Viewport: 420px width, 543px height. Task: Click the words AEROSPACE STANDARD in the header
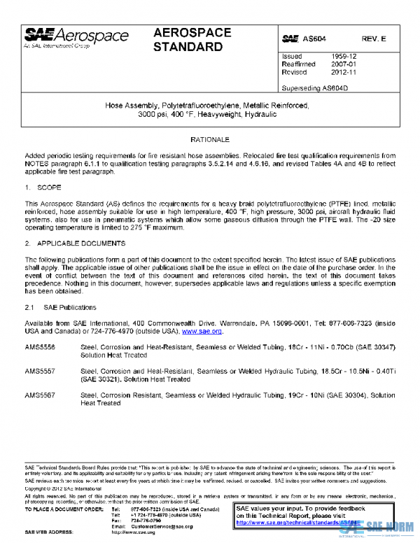point(188,41)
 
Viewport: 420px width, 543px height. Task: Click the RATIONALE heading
point(210,141)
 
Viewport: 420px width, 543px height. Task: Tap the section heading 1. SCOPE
point(43,188)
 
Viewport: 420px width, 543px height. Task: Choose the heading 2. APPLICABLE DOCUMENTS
point(75,244)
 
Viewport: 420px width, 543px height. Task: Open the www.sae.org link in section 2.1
point(202,331)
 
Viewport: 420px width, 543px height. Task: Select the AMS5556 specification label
point(40,347)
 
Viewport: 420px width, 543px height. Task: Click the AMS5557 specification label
point(40,372)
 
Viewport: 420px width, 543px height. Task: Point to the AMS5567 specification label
point(40,396)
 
